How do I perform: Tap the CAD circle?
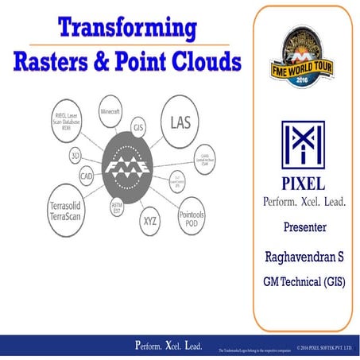click(x=86, y=175)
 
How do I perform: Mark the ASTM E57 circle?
click(x=116, y=210)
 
